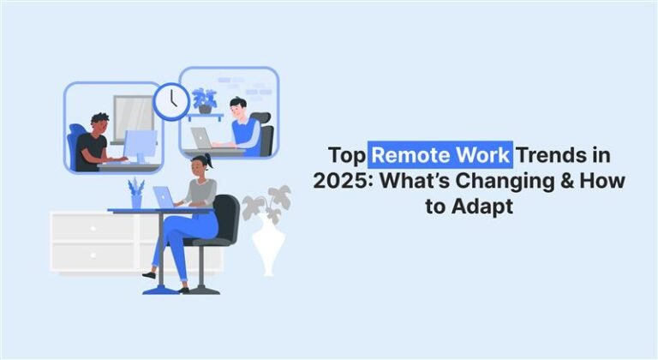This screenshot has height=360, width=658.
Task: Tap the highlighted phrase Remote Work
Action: click(x=441, y=158)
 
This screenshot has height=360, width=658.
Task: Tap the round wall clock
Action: click(x=171, y=101)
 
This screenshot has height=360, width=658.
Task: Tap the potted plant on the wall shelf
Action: click(x=206, y=101)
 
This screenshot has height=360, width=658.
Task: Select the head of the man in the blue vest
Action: click(x=238, y=108)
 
